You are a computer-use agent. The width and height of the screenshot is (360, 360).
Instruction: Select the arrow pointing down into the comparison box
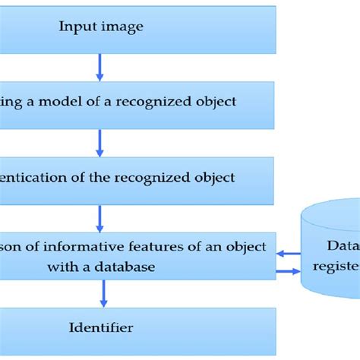click(x=99, y=218)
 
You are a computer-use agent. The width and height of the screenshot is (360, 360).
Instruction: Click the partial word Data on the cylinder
click(x=343, y=245)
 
